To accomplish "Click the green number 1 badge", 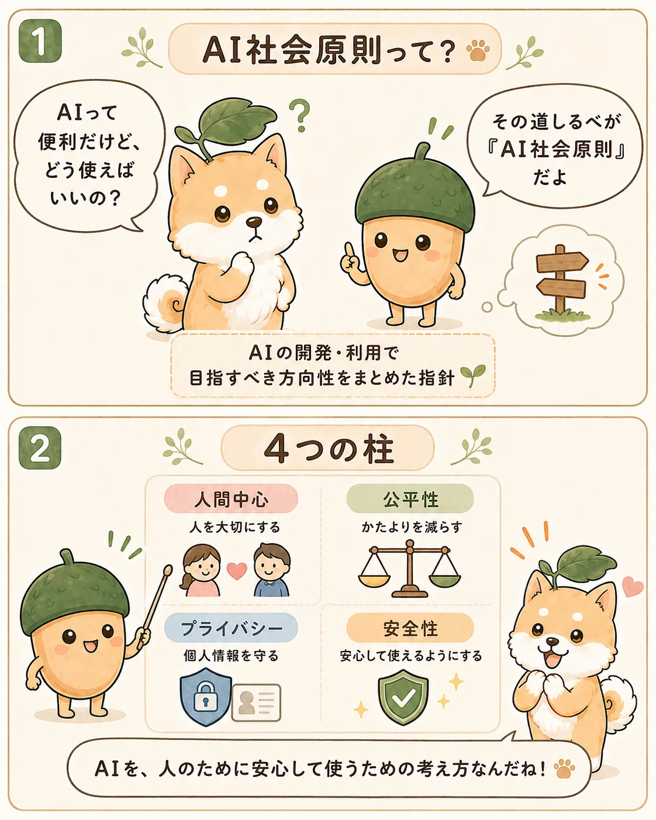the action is coord(40,41).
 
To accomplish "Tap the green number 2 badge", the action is coord(40,447).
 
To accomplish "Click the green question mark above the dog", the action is coord(300,115).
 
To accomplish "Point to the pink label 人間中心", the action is coord(231,499).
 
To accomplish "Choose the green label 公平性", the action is coord(410,499).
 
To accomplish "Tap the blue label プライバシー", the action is coord(231,628).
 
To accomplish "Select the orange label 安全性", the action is coord(410,628).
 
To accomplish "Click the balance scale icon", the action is coord(409,568).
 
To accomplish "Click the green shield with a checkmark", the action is coord(403,697).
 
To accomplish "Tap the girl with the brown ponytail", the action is coord(201,570).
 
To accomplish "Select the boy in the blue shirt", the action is coord(272,570).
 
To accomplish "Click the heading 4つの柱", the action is coord(328,449).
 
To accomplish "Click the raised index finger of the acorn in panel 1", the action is coord(348,250).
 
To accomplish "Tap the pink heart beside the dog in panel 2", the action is coord(633,585).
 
